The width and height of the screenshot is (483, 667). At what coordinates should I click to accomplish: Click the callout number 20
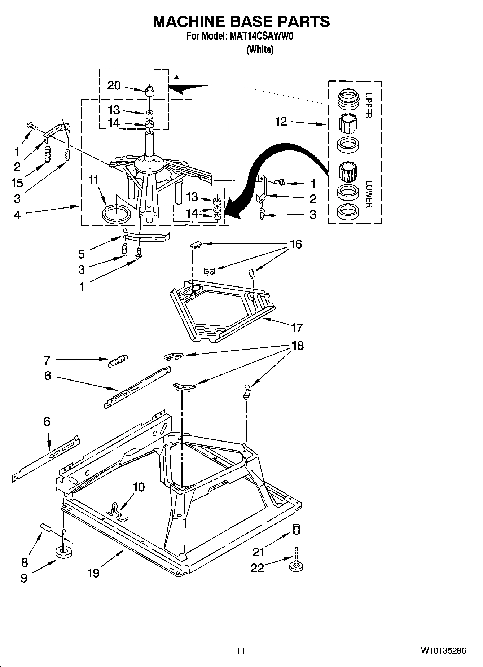tap(114, 85)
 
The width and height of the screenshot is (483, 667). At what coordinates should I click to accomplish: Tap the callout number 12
tap(281, 122)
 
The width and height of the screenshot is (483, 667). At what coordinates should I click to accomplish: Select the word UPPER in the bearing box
tap(368, 105)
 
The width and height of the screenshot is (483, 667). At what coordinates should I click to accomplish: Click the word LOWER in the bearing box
tap(368, 194)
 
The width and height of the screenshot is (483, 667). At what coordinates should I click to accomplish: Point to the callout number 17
tap(297, 328)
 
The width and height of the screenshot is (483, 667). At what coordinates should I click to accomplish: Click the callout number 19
tap(93, 573)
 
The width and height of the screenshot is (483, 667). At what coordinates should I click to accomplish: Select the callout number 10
tap(139, 487)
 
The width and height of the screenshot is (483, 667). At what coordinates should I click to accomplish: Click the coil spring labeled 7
tap(118, 360)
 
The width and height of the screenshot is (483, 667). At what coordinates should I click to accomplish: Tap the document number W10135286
tap(443, 651)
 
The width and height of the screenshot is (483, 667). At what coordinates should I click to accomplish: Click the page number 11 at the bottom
tap(241, 651)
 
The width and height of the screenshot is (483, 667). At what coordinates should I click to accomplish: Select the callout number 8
tap(24, 562)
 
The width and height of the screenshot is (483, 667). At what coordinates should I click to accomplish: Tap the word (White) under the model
tap(260, 49)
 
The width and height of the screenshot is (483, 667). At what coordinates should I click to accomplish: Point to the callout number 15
tap(17, 183)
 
